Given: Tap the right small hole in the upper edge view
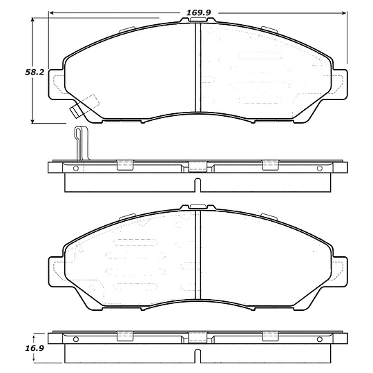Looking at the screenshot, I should pyautogui.click(x=318, y=168).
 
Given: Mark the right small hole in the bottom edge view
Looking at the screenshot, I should pyautogui.click(x=318, y=339).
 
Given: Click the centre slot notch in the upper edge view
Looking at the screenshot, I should pyautogui.click(x=198, y=185).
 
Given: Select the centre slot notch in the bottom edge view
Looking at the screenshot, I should pyautogui.click(x=198, y=356).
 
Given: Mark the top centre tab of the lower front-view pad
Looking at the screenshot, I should pyautogui.click(x=198, y=207).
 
